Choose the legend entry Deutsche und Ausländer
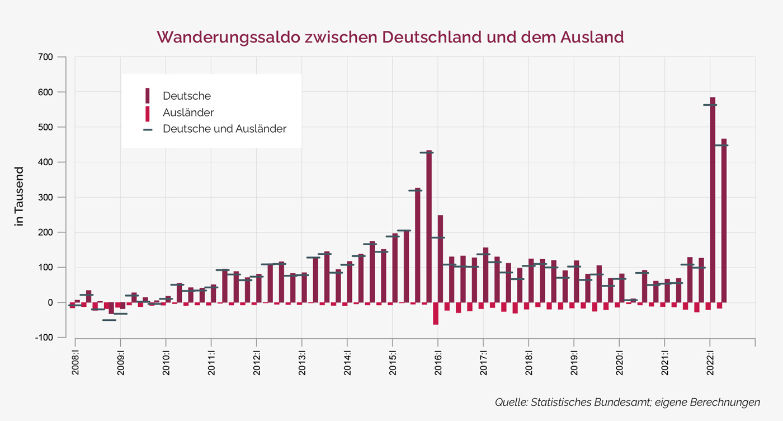coord(224,129)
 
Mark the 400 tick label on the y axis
coord(46,162)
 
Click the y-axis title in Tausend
coord(20,197)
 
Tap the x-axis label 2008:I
coord(75,364)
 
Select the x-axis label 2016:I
coord(438,364)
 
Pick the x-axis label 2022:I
coord(710,364)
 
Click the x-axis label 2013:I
coord(302,364)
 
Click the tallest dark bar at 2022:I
coord(713,202)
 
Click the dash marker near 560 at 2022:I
coord(710,105)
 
